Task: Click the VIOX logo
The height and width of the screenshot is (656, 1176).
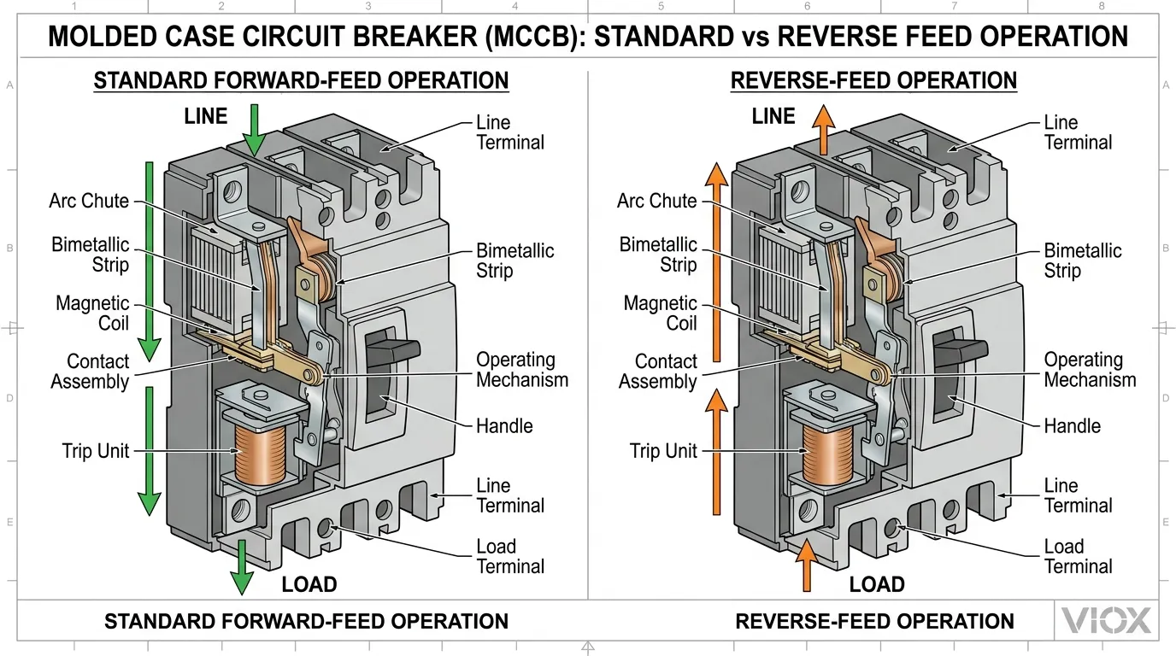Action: click(x=1106, y=621)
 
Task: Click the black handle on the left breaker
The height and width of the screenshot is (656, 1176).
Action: click(x=392, y=349)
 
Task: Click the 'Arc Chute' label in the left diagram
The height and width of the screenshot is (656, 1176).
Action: click(x=89, y=202)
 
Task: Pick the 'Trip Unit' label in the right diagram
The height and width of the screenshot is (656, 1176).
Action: click(x=663, y=451)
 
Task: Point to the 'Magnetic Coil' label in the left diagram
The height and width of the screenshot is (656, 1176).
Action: click(x=92, y=313)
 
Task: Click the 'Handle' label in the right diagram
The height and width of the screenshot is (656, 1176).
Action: click(x=1072, y=426)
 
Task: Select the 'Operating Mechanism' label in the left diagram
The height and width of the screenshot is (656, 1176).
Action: click(x=521, y=370)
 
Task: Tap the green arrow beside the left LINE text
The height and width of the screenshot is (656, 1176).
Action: click(x=254, y=128)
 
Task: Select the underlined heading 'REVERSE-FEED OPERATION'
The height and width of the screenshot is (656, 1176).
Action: click(x=873, y=81)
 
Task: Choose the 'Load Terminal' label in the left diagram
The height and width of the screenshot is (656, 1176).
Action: click(x=509, y=556)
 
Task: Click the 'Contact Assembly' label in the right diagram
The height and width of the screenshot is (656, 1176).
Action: click(x=658, y=372)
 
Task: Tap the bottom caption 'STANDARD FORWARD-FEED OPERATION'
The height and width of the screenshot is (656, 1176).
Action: click(x=306, y=621)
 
